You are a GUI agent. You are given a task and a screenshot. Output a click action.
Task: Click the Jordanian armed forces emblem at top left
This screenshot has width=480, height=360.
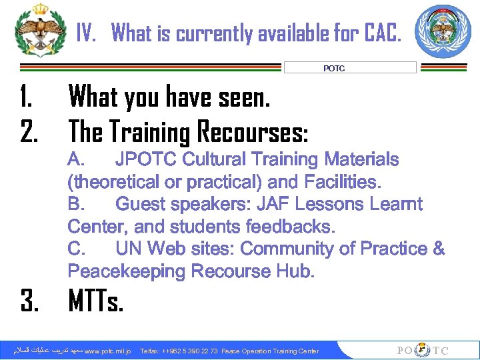[41, 30]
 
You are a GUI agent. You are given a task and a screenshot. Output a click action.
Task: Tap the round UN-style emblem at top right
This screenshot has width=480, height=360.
[442, 31]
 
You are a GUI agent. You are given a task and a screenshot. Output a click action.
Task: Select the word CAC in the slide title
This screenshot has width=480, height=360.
[381, 32]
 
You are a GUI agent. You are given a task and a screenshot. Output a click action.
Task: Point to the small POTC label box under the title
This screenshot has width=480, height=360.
[350, 67]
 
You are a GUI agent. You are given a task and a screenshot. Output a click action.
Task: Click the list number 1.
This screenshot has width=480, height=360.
[27, 98]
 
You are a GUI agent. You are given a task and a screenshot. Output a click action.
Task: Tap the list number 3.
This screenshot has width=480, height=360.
[29, 303]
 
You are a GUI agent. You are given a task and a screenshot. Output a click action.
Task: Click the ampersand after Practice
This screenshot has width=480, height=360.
[438, 249]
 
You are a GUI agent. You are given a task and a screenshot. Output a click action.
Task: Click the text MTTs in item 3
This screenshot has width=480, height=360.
[96, 303]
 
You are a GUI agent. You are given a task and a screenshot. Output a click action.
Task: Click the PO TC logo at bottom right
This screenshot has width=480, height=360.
[423, 351]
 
